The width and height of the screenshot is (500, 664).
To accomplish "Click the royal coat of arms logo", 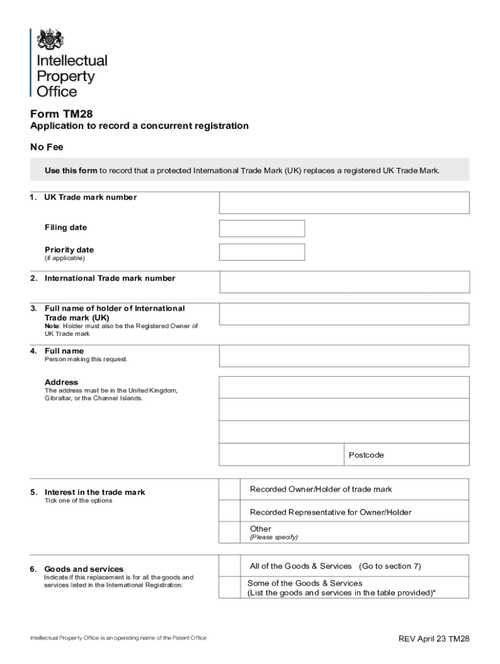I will coord(50,40).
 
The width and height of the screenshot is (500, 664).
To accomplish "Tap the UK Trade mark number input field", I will coord(344,202).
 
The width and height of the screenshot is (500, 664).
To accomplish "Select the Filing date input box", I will coord(262,228).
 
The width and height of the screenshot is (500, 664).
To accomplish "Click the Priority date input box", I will coord(262,252).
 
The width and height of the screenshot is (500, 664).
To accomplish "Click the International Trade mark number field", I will coord(344,282).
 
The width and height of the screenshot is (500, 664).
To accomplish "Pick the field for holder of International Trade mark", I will coord(344,314).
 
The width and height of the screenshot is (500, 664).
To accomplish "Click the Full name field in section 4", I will coord(344,356).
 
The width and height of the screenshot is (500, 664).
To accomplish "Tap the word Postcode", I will coord(366,455).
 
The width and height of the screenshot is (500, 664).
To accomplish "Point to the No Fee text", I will coord(47,147).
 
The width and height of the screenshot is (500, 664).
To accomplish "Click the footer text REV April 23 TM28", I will coord(434,639).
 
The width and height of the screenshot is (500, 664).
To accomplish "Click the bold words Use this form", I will coord(71,171).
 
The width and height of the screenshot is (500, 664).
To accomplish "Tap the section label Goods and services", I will coord(84,569).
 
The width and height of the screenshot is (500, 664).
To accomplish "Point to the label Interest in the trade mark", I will coord(95,492).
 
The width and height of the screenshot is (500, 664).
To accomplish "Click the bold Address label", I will coord(61,382).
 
